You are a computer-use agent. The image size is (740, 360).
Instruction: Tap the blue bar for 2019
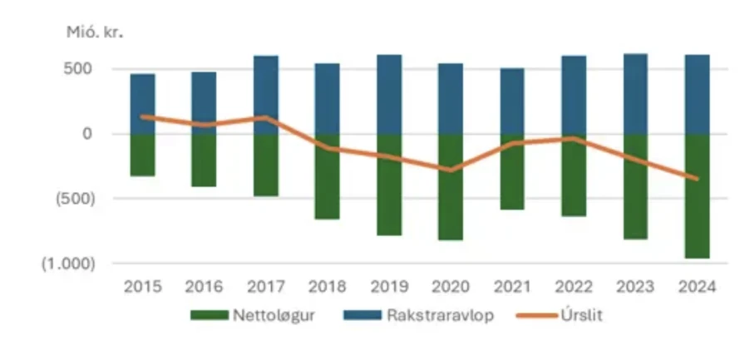(x=389, y=94)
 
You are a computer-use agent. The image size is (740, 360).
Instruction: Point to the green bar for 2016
(x=204, y=160)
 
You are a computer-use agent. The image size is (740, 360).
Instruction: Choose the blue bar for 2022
(x=574, y=94)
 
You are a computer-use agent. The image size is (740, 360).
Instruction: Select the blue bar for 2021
(x=512, y=101)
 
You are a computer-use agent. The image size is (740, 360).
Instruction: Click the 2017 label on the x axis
(x=265, y=287)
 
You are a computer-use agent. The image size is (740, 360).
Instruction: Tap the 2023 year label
(x=635, y=287)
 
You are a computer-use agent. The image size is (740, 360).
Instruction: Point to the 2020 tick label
(x=451, y=287)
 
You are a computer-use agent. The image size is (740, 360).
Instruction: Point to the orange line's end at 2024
(x=697, y=178)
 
